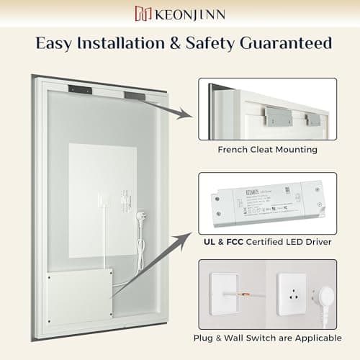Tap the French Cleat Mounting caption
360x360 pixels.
point(267,150)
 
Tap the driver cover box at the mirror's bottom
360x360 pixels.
point(80,297)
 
